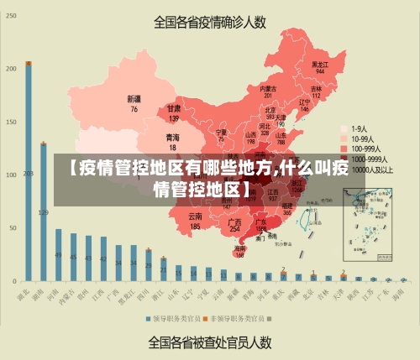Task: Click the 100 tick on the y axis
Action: [11, 175]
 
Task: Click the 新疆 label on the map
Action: [134, 103]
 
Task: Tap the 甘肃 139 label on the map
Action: [174, 112]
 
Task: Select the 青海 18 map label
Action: [172, 141]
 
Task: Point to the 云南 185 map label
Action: [195, 221]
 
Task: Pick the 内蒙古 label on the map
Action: [268, 91]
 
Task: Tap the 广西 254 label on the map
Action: [235, 225]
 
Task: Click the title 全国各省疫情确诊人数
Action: [209, 22]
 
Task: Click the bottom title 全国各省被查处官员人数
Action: [210, 342]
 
